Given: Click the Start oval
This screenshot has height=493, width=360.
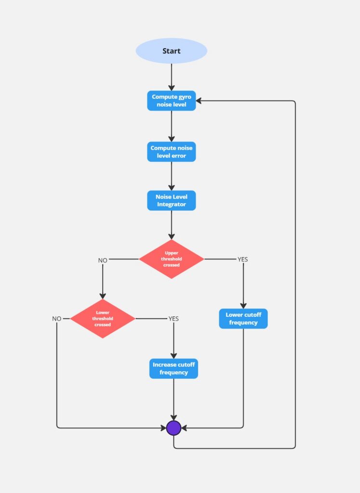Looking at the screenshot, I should (x=171, y=51).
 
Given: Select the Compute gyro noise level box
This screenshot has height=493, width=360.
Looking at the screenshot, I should (x=171, y=101).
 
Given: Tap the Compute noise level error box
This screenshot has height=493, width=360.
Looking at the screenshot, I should (x=171, y=152).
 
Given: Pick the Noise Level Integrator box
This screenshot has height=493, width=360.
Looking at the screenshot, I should (x=171, y=200).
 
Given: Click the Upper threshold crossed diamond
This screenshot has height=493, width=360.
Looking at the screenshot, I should (x=171, y=259).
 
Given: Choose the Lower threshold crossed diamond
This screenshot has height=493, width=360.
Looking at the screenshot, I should (x=103, y=318).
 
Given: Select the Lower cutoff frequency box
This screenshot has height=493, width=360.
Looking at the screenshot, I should (x=243, y=319).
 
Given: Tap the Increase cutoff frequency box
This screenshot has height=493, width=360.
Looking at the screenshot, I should (x=173, y=369).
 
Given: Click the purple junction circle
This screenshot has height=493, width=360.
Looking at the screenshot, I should (x=173, y=428).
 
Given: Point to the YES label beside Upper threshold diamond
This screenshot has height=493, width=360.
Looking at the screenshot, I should (x=243, y=259).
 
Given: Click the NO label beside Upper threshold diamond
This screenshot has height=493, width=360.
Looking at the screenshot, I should (x=103, y=260).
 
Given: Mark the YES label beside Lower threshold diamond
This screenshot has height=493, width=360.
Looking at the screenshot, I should (x=173, y=318).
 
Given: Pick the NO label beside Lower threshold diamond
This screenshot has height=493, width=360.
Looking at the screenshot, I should (x=57, y=319).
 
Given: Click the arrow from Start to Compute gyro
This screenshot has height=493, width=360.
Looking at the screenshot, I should (x=171, y=77).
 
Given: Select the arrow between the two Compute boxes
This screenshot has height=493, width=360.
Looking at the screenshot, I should (x=171, y=126).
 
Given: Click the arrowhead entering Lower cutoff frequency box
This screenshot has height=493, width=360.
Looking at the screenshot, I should (x=243, y=305).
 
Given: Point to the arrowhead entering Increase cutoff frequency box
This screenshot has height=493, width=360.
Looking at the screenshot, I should (x=173, y=355).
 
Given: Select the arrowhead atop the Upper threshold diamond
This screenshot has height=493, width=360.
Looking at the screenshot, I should (x=171, y=236).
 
